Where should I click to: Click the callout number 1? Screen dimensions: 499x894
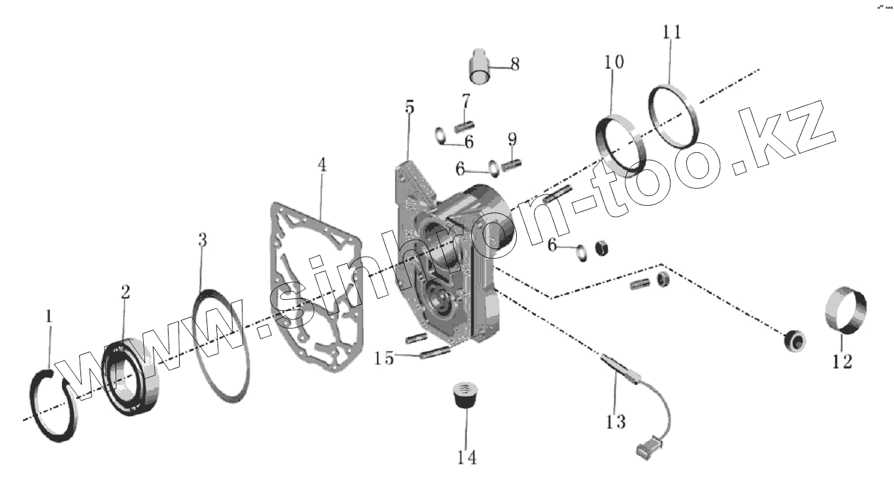(48, 316)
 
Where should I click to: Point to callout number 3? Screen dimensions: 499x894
(203, 240)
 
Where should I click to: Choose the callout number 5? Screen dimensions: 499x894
(410, 107)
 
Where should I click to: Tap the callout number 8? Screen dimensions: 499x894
(515, 64)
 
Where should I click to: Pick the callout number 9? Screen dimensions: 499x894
(512, 138)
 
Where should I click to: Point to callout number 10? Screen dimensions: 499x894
(614, 62)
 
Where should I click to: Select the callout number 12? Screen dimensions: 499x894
(842, 361)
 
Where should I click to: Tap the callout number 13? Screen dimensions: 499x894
(616, 421)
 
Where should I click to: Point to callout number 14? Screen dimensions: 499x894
(466, 457)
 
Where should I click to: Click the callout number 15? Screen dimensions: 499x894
(384, 358)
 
